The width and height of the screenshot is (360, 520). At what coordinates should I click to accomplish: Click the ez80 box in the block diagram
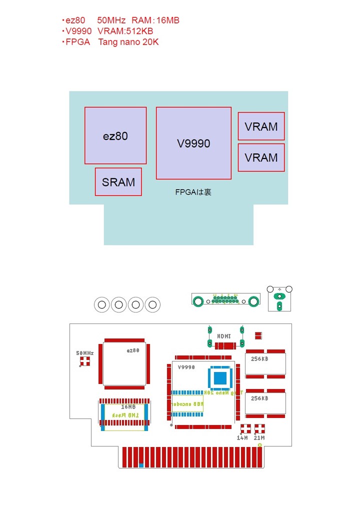(115, 135)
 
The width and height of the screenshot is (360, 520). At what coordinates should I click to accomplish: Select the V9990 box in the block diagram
(193, 143)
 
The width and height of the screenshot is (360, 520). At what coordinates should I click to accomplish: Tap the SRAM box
(118, 181)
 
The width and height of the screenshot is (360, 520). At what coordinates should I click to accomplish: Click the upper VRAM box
(261, 126)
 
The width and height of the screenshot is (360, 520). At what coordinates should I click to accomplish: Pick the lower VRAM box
(261, 157)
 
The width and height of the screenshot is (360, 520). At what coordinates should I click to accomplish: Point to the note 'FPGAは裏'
(193, 191)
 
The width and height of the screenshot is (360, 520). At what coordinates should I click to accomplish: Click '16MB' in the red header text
(168, 20)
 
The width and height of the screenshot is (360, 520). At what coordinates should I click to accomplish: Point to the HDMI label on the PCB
(224, 336)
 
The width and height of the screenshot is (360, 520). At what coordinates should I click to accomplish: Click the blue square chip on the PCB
(220, 378)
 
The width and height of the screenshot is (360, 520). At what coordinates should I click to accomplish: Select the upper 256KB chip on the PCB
(265, 364)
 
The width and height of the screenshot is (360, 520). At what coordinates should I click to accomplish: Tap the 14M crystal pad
(245, 428)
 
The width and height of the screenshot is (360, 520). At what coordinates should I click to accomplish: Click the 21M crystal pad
(259, 428)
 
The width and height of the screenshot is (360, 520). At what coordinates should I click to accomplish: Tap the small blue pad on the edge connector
(141, 465)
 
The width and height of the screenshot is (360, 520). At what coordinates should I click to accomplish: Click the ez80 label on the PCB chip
(133, 350)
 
